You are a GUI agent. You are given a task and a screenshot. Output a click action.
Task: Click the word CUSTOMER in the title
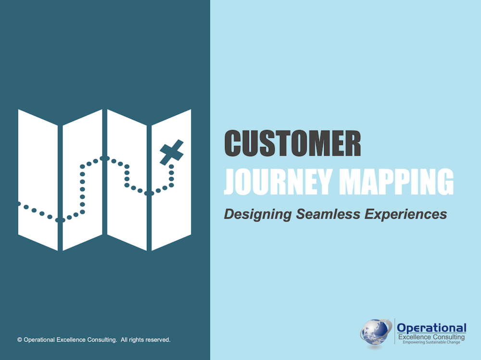click(x=292, y=143)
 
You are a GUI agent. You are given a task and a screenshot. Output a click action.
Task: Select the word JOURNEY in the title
click(x=278, y=182)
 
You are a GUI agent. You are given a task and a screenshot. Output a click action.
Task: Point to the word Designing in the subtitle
click(x=258, y=214)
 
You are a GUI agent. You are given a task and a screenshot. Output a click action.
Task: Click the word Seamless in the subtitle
click(x=328, y=214)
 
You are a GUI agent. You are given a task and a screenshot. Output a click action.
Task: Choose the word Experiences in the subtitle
click(x=405, y=214)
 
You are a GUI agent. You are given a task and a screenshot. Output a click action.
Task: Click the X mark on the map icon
click(x=172, y=152)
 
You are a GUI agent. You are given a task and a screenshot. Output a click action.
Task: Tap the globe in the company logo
click(x=375, y=332)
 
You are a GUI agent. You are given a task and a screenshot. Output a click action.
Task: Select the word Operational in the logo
click(x=431, y=328)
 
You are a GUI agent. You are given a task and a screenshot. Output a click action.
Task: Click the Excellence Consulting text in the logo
click(x=431, y=337)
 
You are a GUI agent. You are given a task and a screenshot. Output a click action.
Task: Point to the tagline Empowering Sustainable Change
click(x=431, y=342)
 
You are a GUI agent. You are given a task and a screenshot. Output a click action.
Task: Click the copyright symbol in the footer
click(x=20, y=340)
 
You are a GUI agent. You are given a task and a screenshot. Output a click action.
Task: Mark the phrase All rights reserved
click(x=145, y=340)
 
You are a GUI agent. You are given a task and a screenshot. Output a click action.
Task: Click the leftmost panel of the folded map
click(x=38, y=180)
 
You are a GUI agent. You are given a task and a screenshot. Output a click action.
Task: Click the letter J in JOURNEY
click(x=230, y=182)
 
